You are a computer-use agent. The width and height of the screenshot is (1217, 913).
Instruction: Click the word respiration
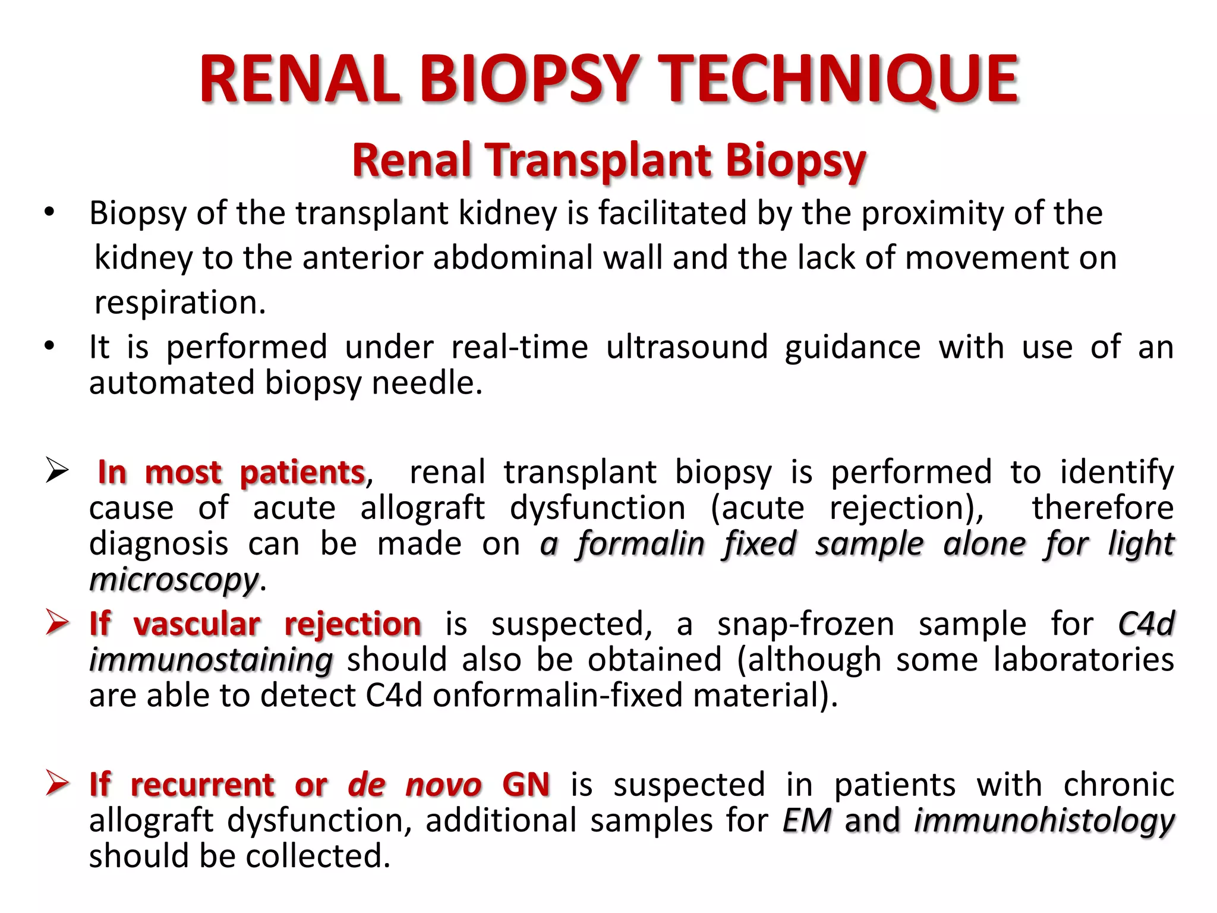tap(180, 303)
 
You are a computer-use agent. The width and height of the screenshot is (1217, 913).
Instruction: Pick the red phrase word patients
tap(302, 473)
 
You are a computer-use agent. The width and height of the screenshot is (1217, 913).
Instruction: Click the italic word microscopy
tap(174, 579)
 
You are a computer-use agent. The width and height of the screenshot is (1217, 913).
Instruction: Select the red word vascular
tap(197, 624)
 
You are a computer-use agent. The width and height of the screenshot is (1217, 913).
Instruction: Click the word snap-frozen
tap(805, 624)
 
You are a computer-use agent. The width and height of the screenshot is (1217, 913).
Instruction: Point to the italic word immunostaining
tap(211, 660)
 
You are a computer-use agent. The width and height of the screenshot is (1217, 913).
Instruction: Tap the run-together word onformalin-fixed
tap(557, 695)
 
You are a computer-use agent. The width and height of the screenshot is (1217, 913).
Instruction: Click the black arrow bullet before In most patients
tap(57, 472)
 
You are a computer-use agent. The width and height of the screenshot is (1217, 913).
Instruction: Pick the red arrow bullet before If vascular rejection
tap(57, 624)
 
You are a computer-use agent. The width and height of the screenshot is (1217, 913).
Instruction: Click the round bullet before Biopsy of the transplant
tap(49, 212)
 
